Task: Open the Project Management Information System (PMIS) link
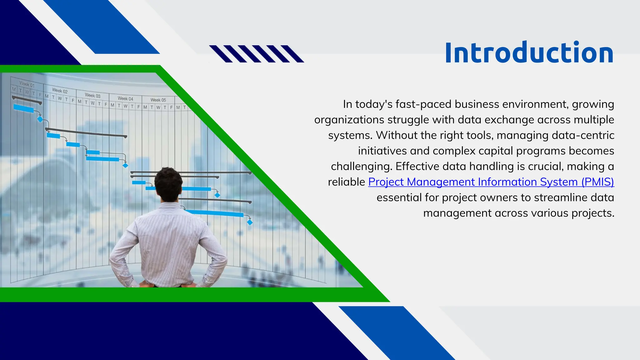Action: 491,182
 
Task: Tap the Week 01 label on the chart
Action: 27,84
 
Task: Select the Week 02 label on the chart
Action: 60,91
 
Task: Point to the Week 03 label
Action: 92,96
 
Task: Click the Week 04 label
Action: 125,99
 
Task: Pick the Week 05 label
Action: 158,100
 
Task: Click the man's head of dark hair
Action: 168,183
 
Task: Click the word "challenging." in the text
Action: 361,166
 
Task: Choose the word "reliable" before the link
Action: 346,182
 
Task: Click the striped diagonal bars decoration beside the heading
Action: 256,54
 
